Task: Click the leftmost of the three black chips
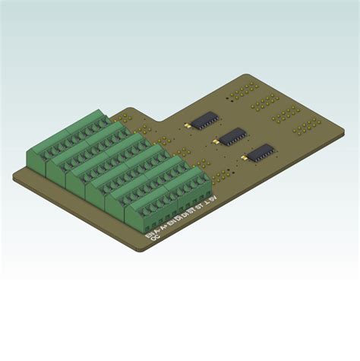[x=204, y=119]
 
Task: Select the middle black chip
[x=233, y=135]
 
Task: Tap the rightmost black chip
[x=261, y=151]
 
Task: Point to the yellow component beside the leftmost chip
[x=185, y=123]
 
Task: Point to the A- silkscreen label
[x=159, y=229]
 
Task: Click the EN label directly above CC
[x=149, y=235]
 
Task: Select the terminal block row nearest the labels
[x=159, y=198]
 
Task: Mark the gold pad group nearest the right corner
[x=308, y=127]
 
